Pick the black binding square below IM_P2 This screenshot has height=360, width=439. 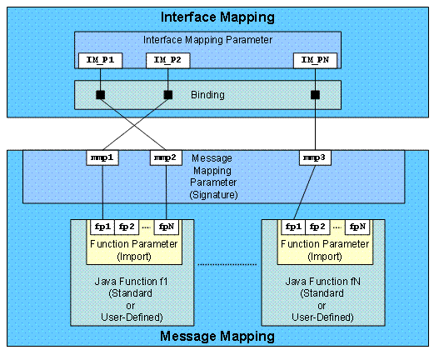coord(167,94)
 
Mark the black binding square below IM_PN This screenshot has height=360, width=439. coord(316,94)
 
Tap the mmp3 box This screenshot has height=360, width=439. coord(315,157)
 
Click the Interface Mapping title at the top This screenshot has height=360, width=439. coord(219,17)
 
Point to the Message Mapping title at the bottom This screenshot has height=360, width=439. coord(219,337)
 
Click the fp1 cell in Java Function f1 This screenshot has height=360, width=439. coord(103,226)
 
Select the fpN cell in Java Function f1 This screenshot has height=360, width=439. coord(167,226)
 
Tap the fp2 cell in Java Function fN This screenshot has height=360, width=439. coord(317,226)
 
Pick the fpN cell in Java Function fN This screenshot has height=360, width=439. coord(357,226)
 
